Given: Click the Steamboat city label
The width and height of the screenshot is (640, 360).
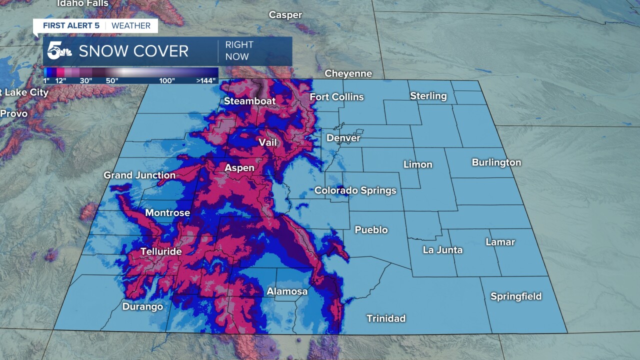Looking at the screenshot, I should click(x=249, y=101).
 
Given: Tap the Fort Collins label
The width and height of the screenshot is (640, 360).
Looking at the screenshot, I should click(x=336, y=97).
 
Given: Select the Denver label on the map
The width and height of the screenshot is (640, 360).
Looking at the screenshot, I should click(x=343, y=138).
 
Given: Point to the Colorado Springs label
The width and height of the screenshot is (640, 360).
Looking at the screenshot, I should click(x=355, y=190).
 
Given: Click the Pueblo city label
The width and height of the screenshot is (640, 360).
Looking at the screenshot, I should click(x=371, y=230).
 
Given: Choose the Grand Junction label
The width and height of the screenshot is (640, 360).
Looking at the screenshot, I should click(x=139, y=175).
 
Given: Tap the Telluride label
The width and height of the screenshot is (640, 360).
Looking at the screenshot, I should click(x=161, y=251).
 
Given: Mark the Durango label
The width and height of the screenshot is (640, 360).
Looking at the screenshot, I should click(x=142, y=306).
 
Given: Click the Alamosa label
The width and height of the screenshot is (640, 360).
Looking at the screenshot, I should click(x=287, y=291).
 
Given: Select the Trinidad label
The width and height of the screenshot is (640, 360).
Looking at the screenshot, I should click(x=386, y=318).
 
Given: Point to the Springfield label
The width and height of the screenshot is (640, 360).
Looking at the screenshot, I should click(x=516, y=296).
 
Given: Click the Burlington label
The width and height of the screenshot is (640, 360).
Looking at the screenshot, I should click(x=496, y=162).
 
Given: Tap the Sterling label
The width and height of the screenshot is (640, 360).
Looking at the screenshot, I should click(x=428, y=96).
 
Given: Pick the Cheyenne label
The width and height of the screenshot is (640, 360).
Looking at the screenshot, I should click(x=348, y=73).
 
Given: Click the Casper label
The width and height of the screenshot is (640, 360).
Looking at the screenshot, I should click(x=285, y=15).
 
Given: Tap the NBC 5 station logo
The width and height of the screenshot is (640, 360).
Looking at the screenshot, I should click(x=59, y=50).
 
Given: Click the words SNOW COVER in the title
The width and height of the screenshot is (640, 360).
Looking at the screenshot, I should click(x=133, y=51).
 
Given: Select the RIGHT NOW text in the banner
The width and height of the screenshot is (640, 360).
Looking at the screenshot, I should click(x=239, y=50).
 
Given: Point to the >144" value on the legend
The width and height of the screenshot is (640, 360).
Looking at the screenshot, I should click(x=206, y=80).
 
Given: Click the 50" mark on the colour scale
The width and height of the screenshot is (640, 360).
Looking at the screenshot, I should click(x=111, y=80).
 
